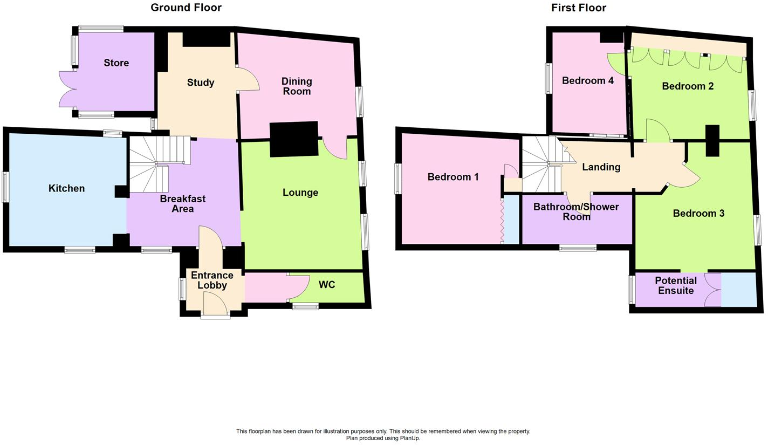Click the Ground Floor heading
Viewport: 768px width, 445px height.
pos(186,8)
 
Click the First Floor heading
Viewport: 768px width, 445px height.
pos(578,8)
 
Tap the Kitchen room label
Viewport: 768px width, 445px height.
pos(66,188)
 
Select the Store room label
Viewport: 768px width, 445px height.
pos(116,63)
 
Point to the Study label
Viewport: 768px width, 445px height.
pos(201,83)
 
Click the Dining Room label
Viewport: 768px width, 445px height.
pos(297,86)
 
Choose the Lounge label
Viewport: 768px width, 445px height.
pos(300,193)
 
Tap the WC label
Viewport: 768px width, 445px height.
pos(326,284)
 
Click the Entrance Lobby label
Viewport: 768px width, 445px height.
pos(211,280)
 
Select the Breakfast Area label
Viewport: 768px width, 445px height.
pos(182,204)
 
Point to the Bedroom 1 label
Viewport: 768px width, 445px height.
pos(453,177)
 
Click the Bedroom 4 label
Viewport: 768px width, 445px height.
pos(587,81)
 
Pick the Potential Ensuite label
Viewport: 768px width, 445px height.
pos(676,286)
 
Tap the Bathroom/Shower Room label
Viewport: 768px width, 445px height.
pos(576,211)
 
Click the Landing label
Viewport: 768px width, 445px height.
pos(601,167)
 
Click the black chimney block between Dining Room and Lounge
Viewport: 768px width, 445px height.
pos(294,139)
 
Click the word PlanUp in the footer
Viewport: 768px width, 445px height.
pos(407,439)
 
